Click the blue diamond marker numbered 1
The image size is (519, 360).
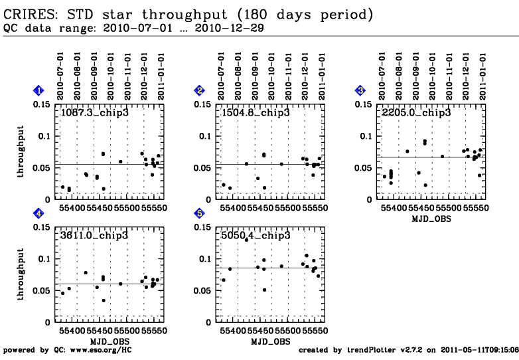pyautogui.click(x=38, y=90)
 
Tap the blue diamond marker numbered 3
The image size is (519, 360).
pyautogui.click(x=360, y=90)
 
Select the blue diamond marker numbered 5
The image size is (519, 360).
pyautogui.click(x=200, y=213)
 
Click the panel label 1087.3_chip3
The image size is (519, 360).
pyautogui.click(x=95, y=113)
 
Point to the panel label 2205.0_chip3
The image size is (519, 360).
pyautogui.click(x=416, y=113)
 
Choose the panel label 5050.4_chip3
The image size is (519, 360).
pyautogui.click(x=256, y=236)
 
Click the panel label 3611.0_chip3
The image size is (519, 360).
pyautogui.click(x=94, y=236)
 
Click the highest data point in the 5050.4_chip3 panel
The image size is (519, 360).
pyautogui.click(x=246, y=240)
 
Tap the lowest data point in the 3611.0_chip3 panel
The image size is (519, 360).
pyautogui.click(x=104, y=300)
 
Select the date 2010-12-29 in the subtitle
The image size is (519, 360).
pyautogui.click(x=230, y=28)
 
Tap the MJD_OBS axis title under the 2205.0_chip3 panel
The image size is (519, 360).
pyautogui.click(x=431, y=219)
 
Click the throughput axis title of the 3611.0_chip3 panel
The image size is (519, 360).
pyautogui.click(x=21, y=274)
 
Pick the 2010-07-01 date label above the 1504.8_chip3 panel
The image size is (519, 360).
pyautogui.click(x=221, y=76)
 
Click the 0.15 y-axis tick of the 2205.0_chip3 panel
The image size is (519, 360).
pyautogui.click(x=364, y=105)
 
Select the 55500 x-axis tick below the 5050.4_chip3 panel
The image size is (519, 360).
pyautogui.click(x=287, y=331)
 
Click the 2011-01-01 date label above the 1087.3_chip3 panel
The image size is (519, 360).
pyautogui.click(x=161, y=76)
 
